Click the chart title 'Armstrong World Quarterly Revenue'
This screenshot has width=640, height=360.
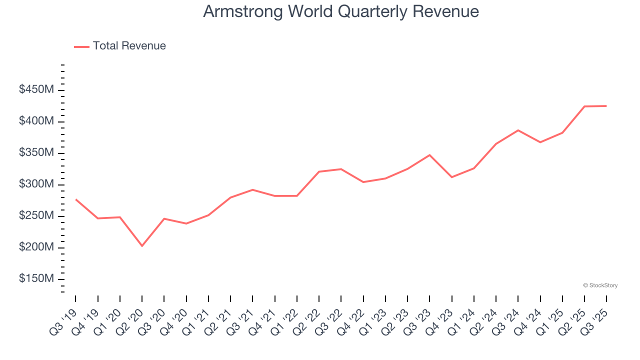coord(341,11)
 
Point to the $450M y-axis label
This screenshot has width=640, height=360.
coord(36,90)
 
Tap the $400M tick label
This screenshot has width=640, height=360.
coord(36,121)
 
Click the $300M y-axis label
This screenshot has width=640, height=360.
coord(36,184)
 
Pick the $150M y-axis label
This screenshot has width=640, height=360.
coord(36,279)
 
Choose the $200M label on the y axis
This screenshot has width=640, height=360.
coord(36,247)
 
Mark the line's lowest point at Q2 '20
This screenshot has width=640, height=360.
coord(142,246)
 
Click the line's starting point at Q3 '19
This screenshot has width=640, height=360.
coord(75,199)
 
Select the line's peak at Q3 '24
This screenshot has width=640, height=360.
coord(518,130)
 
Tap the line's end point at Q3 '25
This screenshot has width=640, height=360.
coord(606,106)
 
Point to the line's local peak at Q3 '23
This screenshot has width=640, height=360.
coord(429,155)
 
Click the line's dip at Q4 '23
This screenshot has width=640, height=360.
coord(451,177)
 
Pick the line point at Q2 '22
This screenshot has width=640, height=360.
coord(319,171)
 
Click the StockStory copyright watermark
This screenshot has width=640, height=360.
coord(600,285)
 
